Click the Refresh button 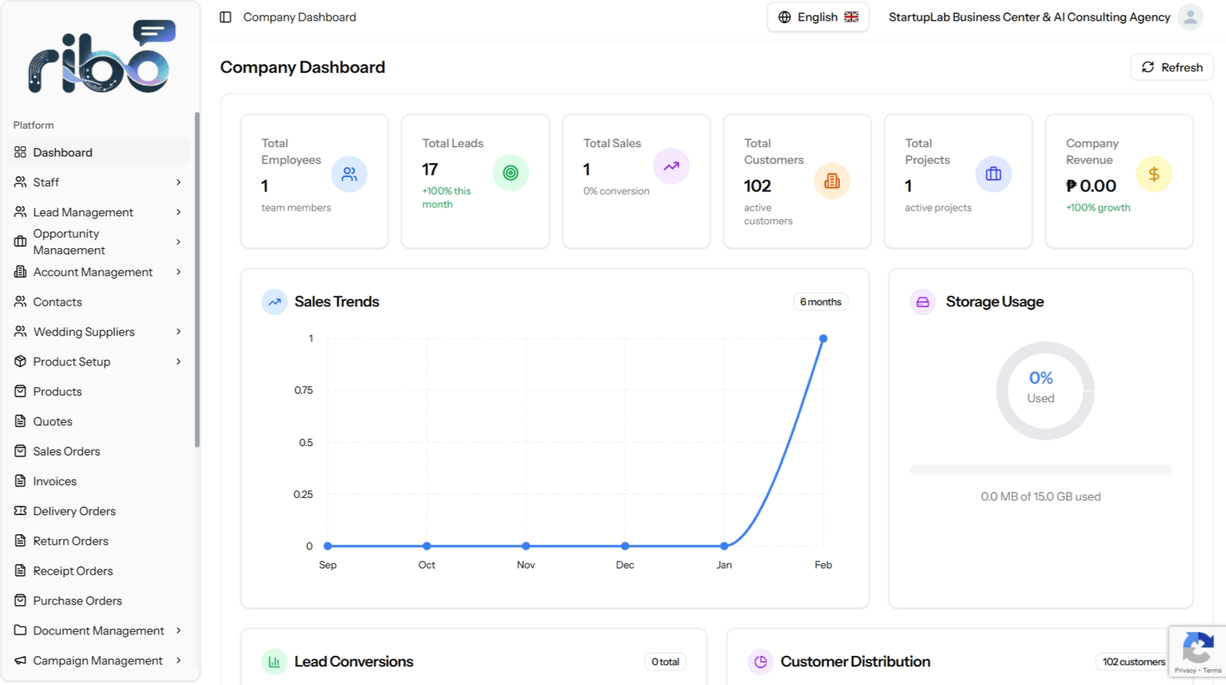click(1172, 67)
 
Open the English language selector click(818, 17)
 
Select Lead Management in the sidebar click(83, 211)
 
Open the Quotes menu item click(53, 421)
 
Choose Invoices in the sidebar click(54, 481)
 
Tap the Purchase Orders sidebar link click(77, 600)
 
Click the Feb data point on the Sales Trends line click(823, 339)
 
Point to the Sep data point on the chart click(328, 546)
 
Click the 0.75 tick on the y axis click(303, 390)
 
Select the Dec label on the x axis click(625, 565)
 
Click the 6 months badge click(821, 301)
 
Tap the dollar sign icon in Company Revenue click(1154, 174)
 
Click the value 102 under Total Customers click(758, 186)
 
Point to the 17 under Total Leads click(430, 169)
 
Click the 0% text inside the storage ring click(1041, 378)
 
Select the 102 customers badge click(1133, 661)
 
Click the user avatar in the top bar click(1191, 17)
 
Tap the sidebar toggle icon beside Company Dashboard click(225, 17)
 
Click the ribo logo click(102, 57)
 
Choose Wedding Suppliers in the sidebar click(84, 332)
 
